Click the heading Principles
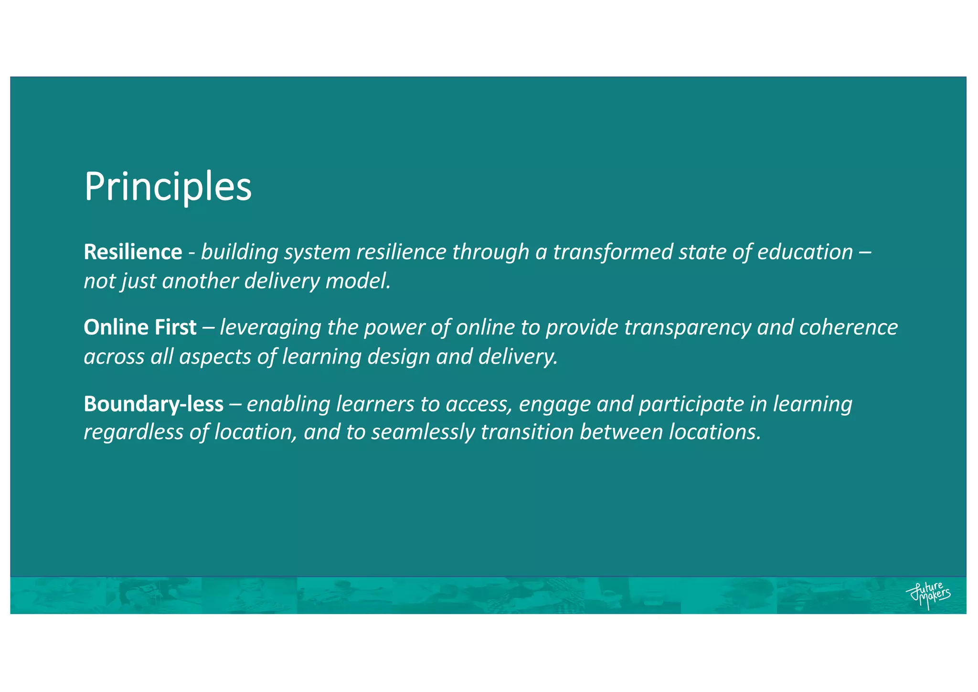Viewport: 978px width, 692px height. [x=168, y=187]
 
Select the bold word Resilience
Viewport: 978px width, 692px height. [x=133, y=252]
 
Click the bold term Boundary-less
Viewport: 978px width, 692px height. [x=153, y=404]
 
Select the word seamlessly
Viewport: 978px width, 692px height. [x=423, y=432]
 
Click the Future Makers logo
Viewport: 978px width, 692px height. [x=927, y=595]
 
